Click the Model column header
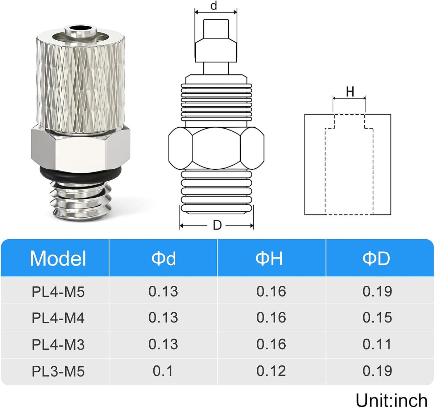pyautogui.click(x=58, y=259)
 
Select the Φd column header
pyautogui.click(x=163, y=259)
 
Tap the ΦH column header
pyautogui.click(x=269, y=259)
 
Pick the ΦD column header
pyautogui.click(x=376, y=259)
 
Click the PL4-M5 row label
pyautogui.click(x=58, y=292)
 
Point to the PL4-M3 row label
pyautogui.click(x=58, y=345)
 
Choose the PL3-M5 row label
pyautogui.click(x=58, y=371)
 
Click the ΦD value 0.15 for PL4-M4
pyautogui.click(x=377, y=317)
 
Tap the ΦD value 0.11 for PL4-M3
pyautogui.click(x=377, y=344)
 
